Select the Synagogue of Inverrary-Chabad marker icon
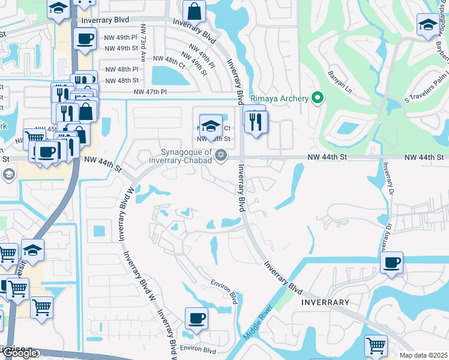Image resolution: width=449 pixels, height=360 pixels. click(221, 155)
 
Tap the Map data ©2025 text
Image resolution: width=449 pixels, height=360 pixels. click(423, 355)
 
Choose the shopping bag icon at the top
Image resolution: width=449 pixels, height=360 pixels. click(194, 11)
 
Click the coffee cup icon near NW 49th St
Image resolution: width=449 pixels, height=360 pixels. click(83, 39)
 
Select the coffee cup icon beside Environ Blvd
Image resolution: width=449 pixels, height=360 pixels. click(196, 317)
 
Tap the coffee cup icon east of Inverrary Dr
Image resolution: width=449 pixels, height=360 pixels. click(391, 262)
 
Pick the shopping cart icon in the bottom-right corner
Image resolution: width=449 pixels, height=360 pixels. click(376, 345)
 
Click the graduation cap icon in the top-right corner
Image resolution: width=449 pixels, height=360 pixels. click(427, 25)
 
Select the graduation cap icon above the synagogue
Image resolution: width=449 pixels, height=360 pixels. click(210, 125)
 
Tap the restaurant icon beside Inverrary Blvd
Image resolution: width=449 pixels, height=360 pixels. click(257, 122)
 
